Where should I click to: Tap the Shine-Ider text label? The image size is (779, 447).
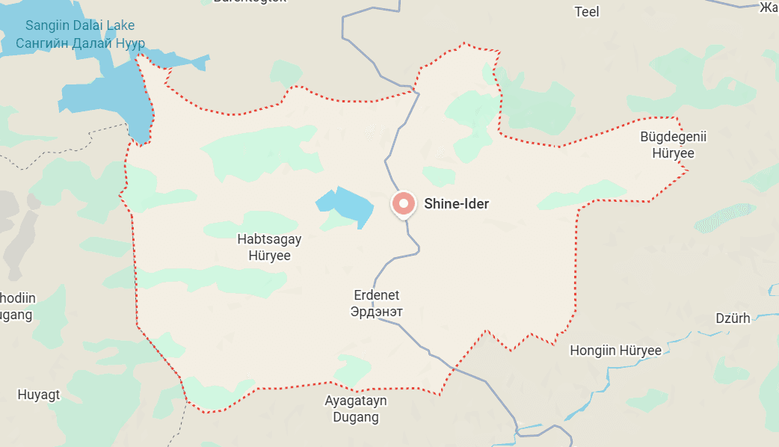[456, 203]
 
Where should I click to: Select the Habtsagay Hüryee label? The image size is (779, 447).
[263, 247]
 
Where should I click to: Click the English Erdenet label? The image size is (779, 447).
[377, 295]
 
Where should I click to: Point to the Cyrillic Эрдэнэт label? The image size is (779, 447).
[377, 311]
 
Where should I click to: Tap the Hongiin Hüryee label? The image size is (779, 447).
[615, 351]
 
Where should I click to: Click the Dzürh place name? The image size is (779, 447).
[733, 318]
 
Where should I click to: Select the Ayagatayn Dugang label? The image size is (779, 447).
[356, 409]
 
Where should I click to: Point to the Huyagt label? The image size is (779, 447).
[39, 394]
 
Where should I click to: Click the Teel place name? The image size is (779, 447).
[587, 11]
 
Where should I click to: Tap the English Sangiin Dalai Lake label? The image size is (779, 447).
[80, 26]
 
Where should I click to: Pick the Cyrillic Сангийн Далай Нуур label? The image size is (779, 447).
[81, 43]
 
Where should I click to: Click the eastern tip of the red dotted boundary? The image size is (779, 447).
[688, 172]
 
